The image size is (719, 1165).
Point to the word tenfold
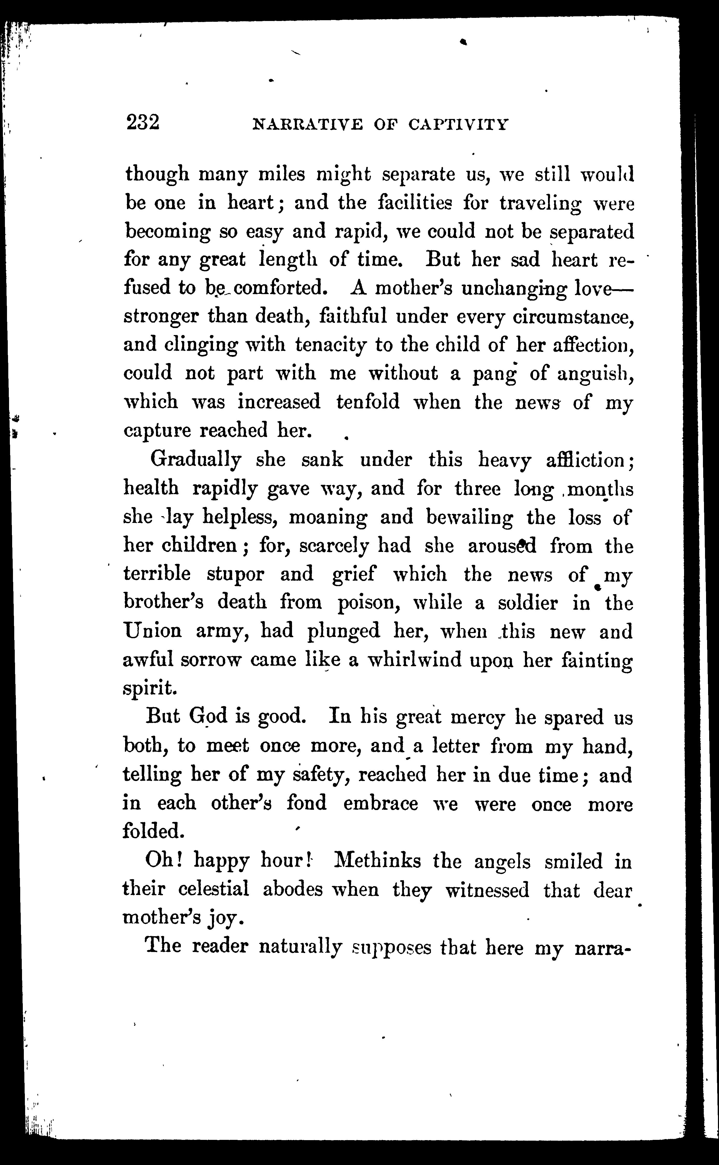[368, 402]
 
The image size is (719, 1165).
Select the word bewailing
[469, 517]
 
